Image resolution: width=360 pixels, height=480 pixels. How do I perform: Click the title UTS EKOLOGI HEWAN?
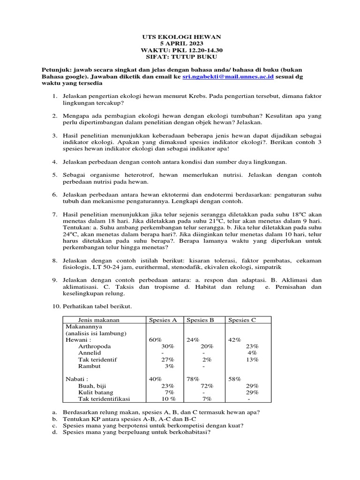pyautogui.click(x=180, y=36)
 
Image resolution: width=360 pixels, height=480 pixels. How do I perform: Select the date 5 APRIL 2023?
pyautogui.click(x=180, y=43)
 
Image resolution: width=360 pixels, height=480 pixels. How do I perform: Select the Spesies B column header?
pyautogui.click(x=200, y=320)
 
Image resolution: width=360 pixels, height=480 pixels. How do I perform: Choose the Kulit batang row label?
pyautogui.click(x=96, y=392)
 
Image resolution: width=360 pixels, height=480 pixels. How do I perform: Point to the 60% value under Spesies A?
pyautogui.click(x=155, y=340)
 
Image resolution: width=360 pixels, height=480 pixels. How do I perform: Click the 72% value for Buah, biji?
pyautogui.click(x=207, y=385)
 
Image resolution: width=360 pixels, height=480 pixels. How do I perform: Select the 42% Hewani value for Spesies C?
pyautogui.click(x=235, y=340)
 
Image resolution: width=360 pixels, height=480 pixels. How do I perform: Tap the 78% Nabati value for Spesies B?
pyautogui.click(x=193, y=379)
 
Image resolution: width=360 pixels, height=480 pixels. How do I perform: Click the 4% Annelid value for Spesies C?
pyautogui.click(x=252, y=352)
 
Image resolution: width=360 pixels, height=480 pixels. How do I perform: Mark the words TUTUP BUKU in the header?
pyautogui.click(x=193, y=57)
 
